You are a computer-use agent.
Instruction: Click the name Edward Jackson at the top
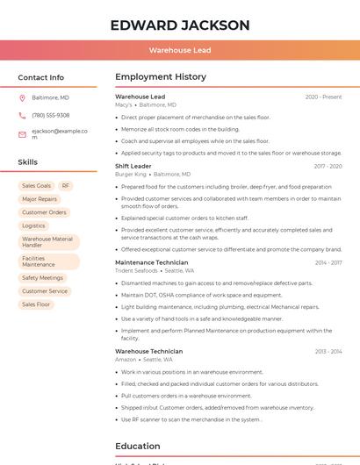click(x=180, y=25)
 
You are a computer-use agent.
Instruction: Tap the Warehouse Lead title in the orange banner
click(x=180, y=51)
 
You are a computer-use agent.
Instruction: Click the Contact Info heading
click(x=40, y=77)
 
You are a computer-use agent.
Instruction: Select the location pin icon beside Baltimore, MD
click(x=22, y=97)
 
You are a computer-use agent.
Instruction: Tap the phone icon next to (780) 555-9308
click(x=22, y=115)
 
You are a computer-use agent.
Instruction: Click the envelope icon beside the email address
click(x=22, y=134)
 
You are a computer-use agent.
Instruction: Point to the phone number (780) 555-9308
click(x=51, y=115)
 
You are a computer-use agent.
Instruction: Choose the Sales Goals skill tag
click(x=37, y=186)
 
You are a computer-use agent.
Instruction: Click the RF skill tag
click(x=66, y=186)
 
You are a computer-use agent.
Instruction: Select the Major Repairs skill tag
click(x=40, y=199)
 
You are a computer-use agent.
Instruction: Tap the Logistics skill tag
click(x=33, y=225)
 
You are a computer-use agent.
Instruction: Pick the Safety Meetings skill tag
click(x=42, y=278)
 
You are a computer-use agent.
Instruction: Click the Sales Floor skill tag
click(x=36, y=304)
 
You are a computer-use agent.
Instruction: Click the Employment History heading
click(x=161, y=77)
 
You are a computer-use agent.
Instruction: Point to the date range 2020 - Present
click(x=323, y=97)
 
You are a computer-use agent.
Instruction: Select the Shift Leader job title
click(x=133, y=166)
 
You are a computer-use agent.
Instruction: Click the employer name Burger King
click(x=130, y=174)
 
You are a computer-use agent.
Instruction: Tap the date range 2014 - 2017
click(x=328, y=262)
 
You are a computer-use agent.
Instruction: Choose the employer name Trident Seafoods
click(x=136, y=270)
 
